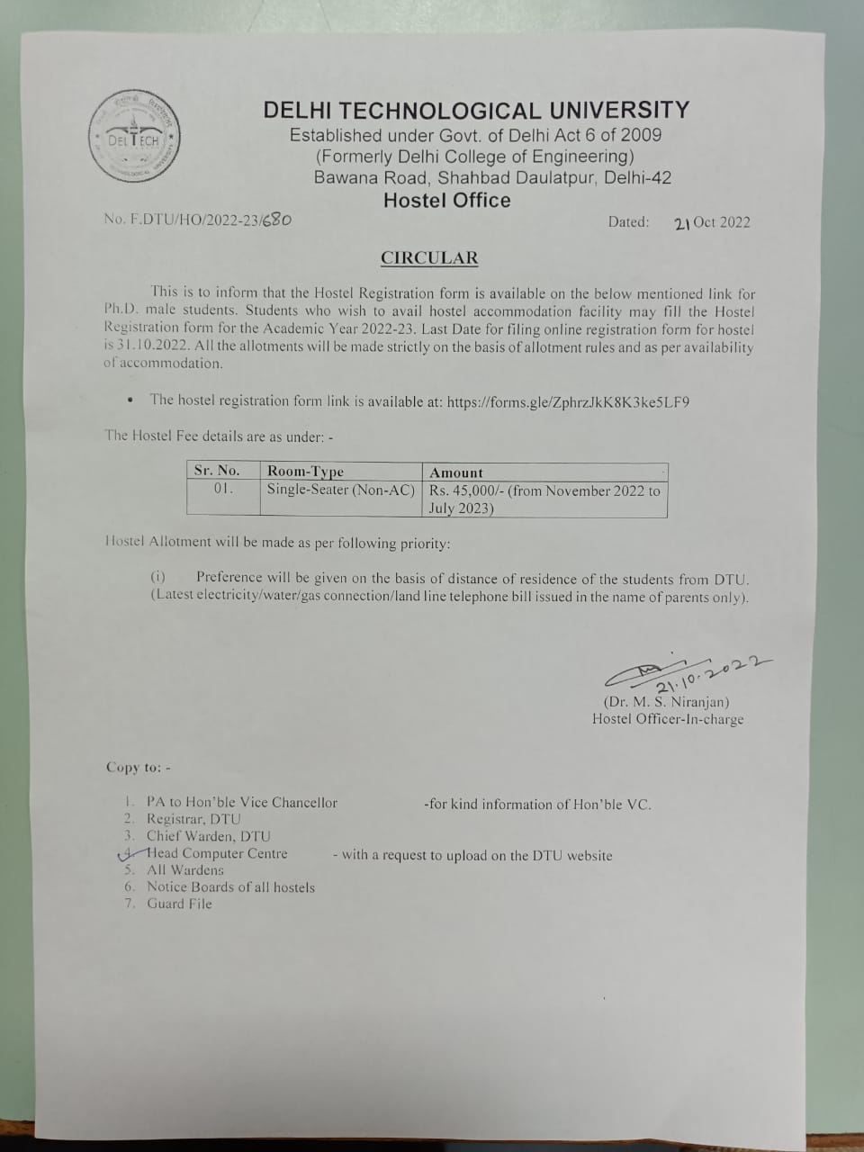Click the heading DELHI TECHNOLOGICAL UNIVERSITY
pos(476,111)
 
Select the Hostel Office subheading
pos(446,201)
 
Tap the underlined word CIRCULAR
pos(429,257)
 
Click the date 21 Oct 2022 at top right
pos(711,223)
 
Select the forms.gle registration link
pos(568,401)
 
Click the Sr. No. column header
pos(217,471)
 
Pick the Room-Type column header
pos(305,471)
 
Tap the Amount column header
pos(456,472)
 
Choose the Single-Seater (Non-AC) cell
pos(341,490)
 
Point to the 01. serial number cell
pos(223,490)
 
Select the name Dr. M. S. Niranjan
pos(666,702)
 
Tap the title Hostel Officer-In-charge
pos(668,719)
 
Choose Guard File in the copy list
pos(179,904)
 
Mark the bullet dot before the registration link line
pos(131,401)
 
